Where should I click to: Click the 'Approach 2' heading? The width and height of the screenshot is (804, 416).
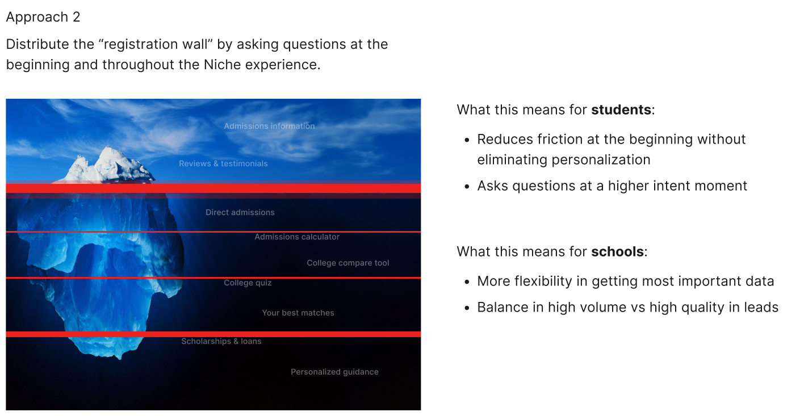[43, 17]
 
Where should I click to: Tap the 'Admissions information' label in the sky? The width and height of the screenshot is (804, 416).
[269, 126]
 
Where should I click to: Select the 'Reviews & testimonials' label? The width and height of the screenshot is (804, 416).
[223, 163]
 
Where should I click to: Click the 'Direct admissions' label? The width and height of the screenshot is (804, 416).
[240, 212]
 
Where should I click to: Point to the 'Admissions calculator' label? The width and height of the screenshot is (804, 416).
[297, 237]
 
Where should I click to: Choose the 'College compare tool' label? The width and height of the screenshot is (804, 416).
[348, 263]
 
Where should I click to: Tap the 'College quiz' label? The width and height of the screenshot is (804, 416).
[248, 283]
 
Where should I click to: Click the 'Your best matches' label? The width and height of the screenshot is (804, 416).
[298, 313]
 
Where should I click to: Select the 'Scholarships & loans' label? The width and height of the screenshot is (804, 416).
[221, 341]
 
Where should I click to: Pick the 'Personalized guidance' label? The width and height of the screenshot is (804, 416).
[334, 372]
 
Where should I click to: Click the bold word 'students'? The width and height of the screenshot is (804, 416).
[621, 110]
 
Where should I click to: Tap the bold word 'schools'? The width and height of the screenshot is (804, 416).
[617, 252]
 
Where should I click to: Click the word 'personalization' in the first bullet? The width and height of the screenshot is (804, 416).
[601, 160]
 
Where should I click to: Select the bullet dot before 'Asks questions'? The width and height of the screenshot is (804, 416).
[467, 187]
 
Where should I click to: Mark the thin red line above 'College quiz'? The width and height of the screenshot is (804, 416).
[213, 278]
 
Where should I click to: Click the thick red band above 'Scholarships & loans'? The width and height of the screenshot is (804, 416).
[213, 334]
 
